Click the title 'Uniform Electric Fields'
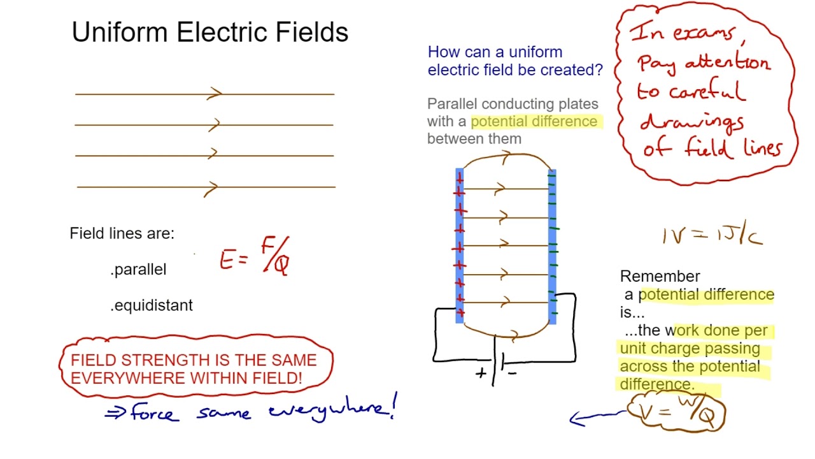point(210,32)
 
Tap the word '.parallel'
point(138,270)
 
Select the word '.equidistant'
point(152,305)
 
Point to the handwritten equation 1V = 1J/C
point(712,237)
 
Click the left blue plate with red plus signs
point(460,245)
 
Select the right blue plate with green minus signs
point(552,245)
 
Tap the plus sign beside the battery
point(481,374)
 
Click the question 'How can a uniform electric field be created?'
point(514,61)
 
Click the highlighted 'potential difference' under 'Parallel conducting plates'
point(534,121)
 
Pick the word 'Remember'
point(660,276)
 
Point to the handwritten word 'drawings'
point(691,121)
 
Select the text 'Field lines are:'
point(122,233)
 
